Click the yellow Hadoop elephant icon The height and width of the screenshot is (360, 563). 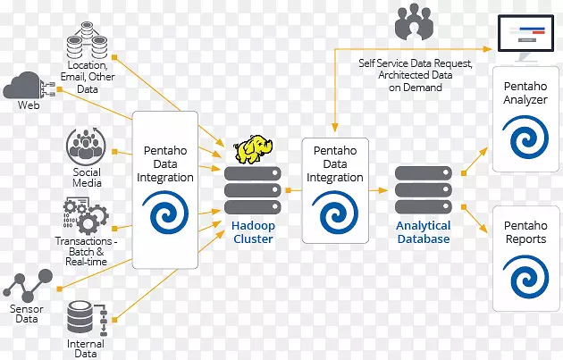[x=252, y=151]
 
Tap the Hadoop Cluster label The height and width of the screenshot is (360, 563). [x=252, y=232]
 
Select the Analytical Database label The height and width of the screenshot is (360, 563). [x=423, y=232]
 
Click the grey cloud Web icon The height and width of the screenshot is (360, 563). [x=23, y=87]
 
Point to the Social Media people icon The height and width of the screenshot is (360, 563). [x=87, y=146]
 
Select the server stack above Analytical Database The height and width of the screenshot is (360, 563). [x=423, y=189]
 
